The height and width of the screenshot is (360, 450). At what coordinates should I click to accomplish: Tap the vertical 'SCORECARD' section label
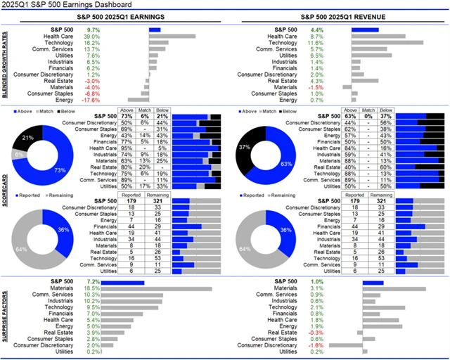point(6,191)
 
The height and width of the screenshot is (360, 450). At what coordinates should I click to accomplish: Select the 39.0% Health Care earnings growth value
point(91,36)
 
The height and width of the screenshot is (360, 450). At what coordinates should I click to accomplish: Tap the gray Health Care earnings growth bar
point(172,36)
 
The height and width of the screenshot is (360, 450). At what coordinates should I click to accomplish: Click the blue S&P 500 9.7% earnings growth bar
point(155,29)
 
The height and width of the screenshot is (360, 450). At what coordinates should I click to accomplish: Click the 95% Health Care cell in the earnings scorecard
point(127,147)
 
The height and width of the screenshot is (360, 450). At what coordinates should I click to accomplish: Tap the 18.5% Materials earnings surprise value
point(91,288)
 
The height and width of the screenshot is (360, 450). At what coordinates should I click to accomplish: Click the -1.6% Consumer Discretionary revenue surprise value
point(317,345)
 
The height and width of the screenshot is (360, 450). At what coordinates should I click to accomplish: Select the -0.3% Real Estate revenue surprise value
point(317,333)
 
